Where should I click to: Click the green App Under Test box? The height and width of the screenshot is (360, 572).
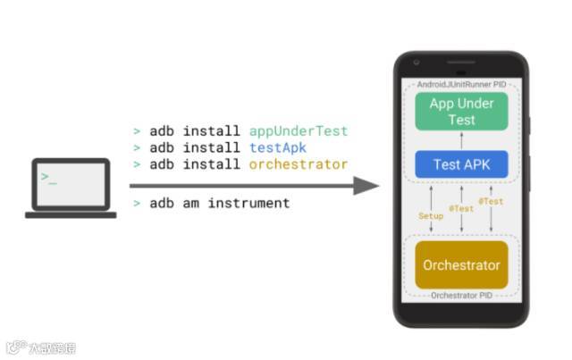pyautogui.click(x=461, y=112)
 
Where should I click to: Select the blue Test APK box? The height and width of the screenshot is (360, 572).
pyautogui.click(x=461, y=164)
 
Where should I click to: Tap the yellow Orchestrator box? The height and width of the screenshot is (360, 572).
pyautogui.click(x=461, y=265)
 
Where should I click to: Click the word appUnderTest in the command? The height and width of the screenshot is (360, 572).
pyautogui.click(x=299, y=131)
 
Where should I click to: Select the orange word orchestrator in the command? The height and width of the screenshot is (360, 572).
pyautogui.click(x=299, y=164)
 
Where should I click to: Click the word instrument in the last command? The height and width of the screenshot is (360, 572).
pyautogui.click(x=248, y=204)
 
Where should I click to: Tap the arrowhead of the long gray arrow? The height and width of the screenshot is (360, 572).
pyautogui.click(x=366, y=186)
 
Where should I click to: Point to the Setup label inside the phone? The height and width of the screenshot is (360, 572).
pyautogui.click(x=431, y=216)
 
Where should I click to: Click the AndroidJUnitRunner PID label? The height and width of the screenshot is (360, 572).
pyautogui.click(x=461, y=84)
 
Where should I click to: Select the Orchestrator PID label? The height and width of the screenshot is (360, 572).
pyautogui.click(x=461, y=295)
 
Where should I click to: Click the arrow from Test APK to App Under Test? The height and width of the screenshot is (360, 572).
pyautogui.click(x=461, y=140)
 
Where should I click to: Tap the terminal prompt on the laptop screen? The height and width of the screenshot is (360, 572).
pyautogui.click(x=48, y=178)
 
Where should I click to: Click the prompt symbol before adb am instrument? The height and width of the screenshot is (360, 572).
pyautogui.click(x=137, y=204)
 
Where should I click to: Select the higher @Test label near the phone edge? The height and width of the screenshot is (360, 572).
pyautogui.click(x=491, y=202)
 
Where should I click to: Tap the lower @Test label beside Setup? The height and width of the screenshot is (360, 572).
pyautogui.click(x=461, y=209)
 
